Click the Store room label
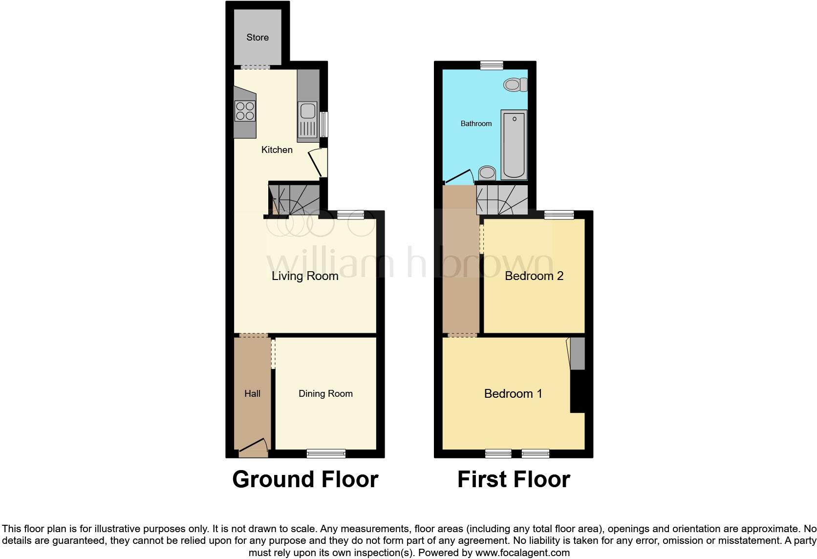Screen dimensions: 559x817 click(258, 38)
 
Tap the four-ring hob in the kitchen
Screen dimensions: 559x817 click(245, 110)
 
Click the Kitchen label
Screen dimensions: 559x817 click(277, 150)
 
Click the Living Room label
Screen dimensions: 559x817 click(305, 276)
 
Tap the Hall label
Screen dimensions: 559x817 click(252, 393)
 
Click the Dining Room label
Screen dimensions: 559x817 click(325, 393)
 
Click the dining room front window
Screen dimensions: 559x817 click(326, 453)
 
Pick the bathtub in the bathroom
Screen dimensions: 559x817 click(514, 145)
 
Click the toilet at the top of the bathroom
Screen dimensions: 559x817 click(515, 85)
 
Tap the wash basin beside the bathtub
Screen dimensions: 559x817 click(487, 172)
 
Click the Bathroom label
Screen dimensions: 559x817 click(476, 124)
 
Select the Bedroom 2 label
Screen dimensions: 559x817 click(534, 276)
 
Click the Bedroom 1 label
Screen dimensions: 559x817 click(513, 393)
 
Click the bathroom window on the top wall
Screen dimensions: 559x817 click(492, 65)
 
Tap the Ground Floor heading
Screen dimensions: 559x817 click(305, 479)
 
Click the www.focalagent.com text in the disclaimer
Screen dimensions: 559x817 click(522, 553)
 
